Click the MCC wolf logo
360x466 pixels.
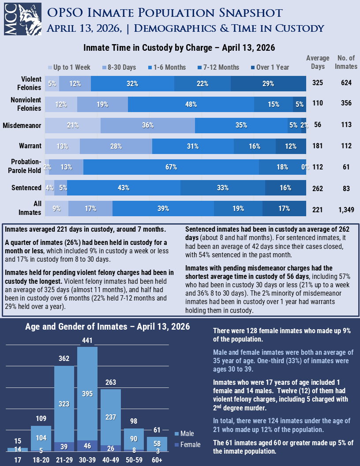tap(22, 19)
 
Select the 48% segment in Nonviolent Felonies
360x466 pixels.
tap(191, 104)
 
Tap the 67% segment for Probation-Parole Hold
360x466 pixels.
tap(171, 167)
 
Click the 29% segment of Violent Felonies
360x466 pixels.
tap(268, 83)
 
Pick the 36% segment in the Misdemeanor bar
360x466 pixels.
tap(148, 125)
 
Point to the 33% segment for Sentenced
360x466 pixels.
tap(223, 188)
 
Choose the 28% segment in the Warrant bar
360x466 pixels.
tap(116, 146)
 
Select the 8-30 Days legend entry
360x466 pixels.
tap(119, 68)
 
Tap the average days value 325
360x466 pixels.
tap(318, 83)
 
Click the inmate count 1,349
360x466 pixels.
tap(346, 210)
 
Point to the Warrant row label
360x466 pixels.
tap(30, 146)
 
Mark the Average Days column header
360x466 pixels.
tap(318, 62)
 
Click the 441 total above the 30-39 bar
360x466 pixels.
tap(87, 340)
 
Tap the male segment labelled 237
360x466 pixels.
tap(111, 417)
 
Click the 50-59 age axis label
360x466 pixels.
tap(134, 460)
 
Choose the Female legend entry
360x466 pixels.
tap(188, 445)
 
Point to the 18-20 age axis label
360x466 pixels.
tap(41, 460)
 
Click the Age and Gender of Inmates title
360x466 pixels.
tap(108, 327)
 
